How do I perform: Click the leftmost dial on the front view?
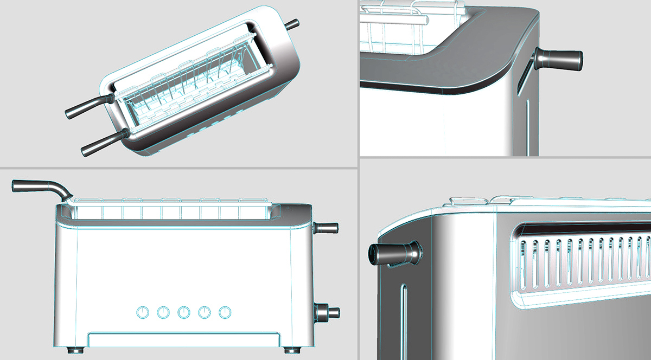pyautogui.click(x=142, y=312)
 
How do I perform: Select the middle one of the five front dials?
pyautogui.click(x=184, y=312)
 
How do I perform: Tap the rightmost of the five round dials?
pyautogui.click(x=225, y=312)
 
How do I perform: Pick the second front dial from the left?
pyautogui.click(x=163, y=312)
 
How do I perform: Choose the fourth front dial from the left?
pyautogui.click(x=205, y=312)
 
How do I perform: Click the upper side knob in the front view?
pyautogui.click(x=328, y=228)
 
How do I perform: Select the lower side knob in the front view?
pyautogui.click(x=328, y=313)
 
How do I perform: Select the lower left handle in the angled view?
pyautogui.click(x=101, y=143)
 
